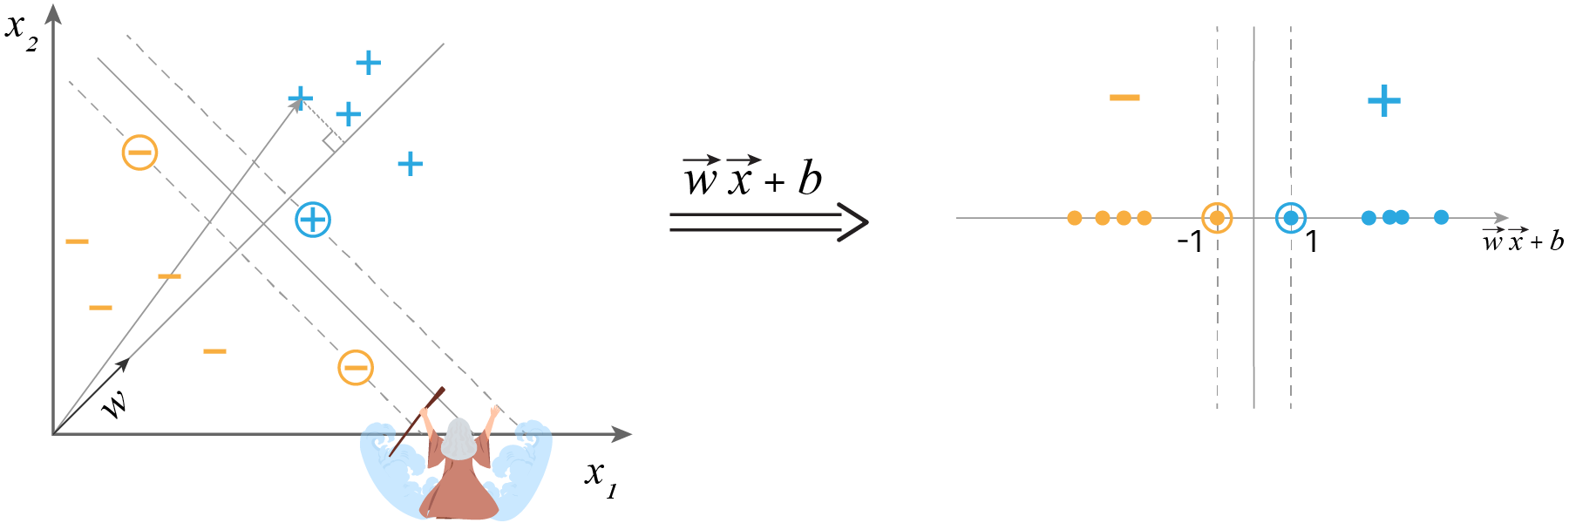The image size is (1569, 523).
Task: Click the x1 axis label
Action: point(601,477)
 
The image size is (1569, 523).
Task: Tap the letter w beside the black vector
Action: point(114,404)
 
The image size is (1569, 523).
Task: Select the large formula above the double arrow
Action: point(752,178)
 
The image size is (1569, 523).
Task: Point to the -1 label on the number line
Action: point(1190,241)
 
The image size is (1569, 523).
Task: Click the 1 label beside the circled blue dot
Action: point(1312,241)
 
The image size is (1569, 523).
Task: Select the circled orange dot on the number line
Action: point(1217,218)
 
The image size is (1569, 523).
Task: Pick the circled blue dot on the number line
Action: point(1291,218)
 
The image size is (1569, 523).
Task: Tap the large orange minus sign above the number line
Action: point(1124,98)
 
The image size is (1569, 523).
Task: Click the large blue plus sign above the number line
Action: point(1384,101)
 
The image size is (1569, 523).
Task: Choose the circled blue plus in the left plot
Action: point(313,219)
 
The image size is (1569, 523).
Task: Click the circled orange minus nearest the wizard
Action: point(356,367)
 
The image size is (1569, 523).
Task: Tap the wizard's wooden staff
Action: point(418,422)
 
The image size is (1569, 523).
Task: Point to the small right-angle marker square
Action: point(332,142)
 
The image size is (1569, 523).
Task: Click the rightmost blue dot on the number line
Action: point(1442,217)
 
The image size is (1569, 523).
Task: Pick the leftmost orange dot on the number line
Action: point(1075,218)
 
